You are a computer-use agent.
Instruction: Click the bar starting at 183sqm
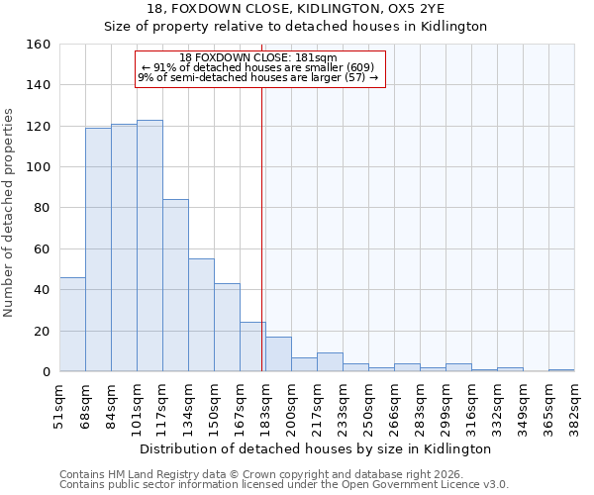click(278, 354)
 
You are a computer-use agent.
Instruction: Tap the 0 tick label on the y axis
click(46, 371)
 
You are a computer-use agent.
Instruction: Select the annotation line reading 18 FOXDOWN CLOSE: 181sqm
click(258, 57)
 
